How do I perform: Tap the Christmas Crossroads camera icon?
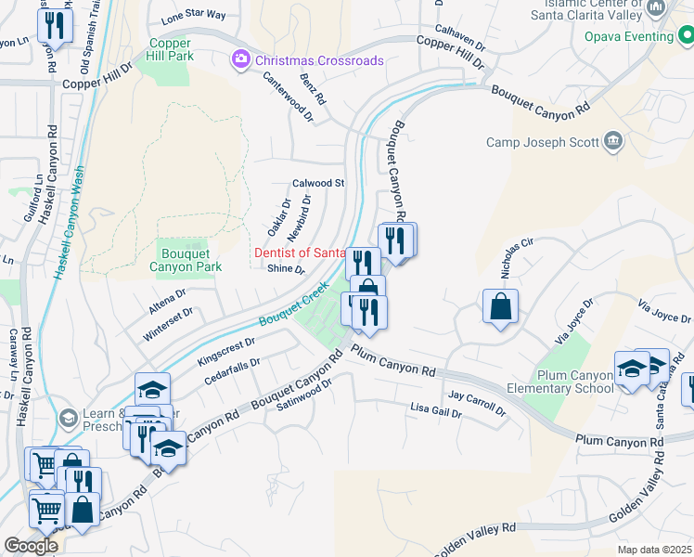(241, 59)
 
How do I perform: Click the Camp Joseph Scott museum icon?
(612, 141)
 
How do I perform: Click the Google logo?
(31, 545)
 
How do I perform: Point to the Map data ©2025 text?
(654, 550)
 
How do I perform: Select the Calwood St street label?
(318, 184)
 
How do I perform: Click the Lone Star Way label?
(193, 16)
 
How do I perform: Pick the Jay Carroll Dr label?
(476, 402)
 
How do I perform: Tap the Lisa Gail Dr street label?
(436, 408)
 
